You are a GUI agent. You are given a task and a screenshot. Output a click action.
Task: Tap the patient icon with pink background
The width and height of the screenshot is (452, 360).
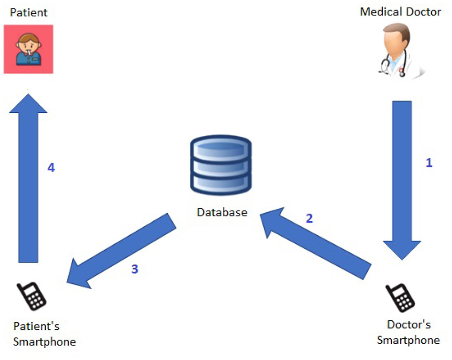click(28, 49)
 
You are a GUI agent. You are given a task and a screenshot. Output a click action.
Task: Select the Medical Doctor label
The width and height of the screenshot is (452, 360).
click(400, 11)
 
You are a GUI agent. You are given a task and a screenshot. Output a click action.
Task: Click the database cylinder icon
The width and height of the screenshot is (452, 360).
click(220, 165)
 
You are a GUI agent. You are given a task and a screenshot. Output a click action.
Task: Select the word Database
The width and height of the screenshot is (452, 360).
click(222, 212)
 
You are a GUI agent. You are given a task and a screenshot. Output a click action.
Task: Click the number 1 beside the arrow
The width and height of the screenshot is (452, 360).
click(429, 163)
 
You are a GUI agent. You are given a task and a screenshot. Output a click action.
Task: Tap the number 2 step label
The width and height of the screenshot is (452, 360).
click(309, 218)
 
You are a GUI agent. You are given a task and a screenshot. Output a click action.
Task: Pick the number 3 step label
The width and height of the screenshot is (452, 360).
click(135, 269)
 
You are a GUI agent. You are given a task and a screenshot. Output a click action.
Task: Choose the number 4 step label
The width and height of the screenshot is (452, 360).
click(51, 168)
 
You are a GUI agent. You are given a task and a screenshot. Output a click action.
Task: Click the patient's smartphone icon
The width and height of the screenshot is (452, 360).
click(32, 296)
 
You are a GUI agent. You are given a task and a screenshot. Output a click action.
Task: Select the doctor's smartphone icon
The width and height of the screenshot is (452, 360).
click(401, 298)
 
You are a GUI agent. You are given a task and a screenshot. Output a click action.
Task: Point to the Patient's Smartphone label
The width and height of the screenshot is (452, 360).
click(44, 334)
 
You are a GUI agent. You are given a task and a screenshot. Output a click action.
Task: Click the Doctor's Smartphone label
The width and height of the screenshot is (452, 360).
click(408, 332)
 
